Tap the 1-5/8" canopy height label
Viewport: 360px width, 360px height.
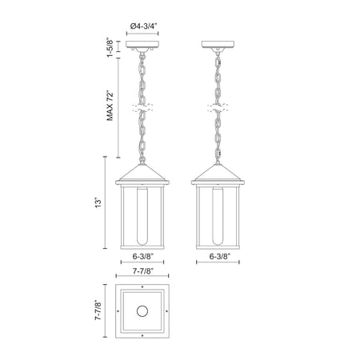click(110, 48)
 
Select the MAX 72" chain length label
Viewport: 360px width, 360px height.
click(110, 106)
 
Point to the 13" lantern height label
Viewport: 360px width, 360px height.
click(98, 202)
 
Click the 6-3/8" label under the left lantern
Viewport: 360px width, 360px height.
click(143, 257)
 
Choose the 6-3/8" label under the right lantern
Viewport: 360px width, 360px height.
click(220, 257)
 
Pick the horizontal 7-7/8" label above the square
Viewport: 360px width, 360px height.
click(143, 271)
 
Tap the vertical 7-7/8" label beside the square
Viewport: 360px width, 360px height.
click(98, 310)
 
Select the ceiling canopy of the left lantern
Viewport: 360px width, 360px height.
click(142, 44)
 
